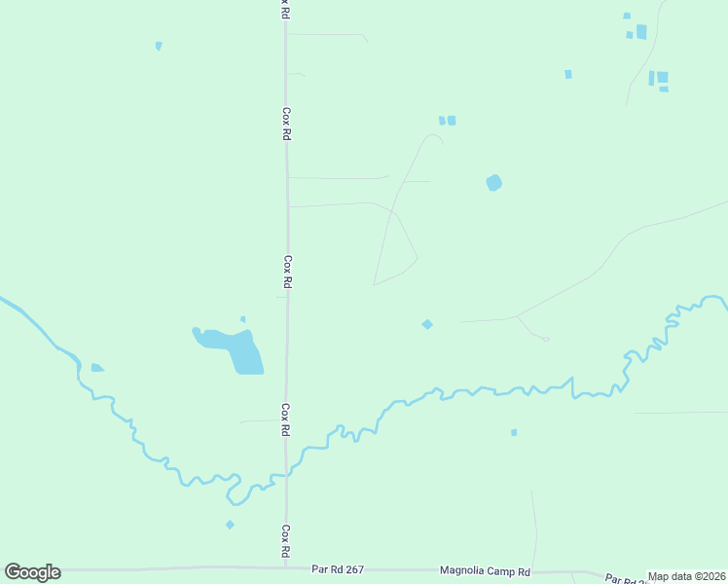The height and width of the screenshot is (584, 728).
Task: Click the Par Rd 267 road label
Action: click(337, 569)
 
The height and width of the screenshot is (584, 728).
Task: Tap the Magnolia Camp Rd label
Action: click(485, 571)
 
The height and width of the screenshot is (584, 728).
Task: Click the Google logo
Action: click(32, 572)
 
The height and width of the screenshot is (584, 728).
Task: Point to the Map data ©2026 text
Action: click(686, 576)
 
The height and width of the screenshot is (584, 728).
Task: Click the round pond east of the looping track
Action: click(494, 182)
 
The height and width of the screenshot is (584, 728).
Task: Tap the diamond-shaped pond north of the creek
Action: click(426, 324)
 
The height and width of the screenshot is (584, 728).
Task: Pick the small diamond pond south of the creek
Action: click(230, 525)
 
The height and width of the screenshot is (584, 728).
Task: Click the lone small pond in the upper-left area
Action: click(159, 46)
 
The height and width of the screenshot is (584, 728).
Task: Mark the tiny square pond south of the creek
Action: click(514, 432)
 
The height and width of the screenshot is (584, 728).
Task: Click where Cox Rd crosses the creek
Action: click(285, 473)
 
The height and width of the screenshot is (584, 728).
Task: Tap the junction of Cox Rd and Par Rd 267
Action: click(285, 568)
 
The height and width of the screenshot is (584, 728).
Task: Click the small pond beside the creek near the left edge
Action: click(96, 368)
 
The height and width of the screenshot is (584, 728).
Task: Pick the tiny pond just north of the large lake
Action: click(242, 318)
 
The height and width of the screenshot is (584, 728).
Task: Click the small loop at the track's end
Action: click(545, 339)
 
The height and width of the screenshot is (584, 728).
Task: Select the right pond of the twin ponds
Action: click(452, 121)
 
